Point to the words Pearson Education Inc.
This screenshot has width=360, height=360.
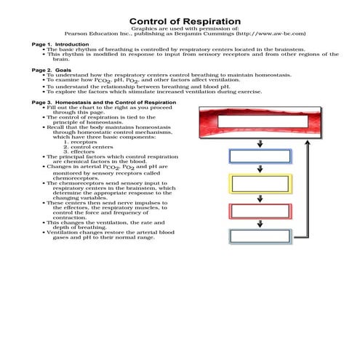click(94, 33)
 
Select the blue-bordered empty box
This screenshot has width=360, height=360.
click(260, 156)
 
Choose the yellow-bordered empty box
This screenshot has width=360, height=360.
click(260, 184)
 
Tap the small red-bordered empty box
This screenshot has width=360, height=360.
click(260, 211)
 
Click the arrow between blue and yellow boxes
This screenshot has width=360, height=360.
click(260, 169)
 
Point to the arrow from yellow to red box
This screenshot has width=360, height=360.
click(260, 198)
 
